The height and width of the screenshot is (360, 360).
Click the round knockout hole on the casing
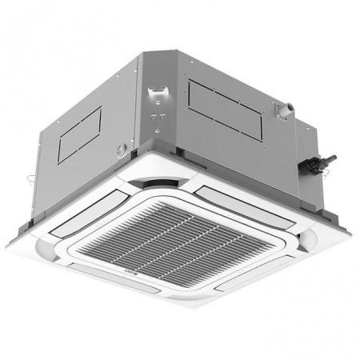[x=122, y=149]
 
